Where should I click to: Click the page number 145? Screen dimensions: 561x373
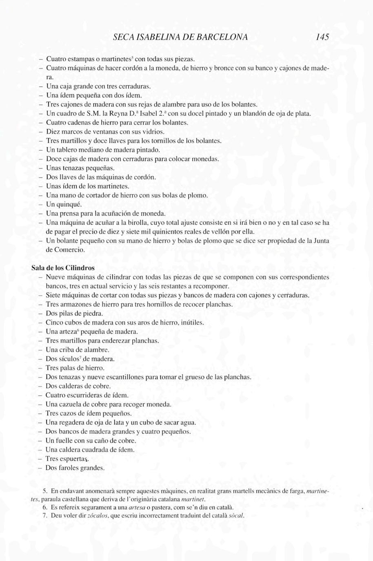[x=322, y=37]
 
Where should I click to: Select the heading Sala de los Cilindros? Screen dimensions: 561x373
[x=63, y=268]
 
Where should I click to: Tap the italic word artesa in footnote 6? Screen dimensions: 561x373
[x=136, y=507]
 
